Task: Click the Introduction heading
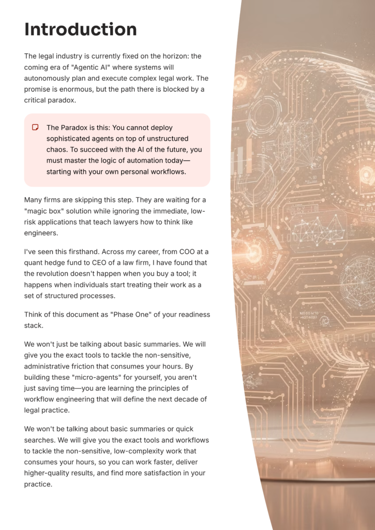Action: [x=81, y=29]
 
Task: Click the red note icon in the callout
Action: [x=35, y=127]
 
